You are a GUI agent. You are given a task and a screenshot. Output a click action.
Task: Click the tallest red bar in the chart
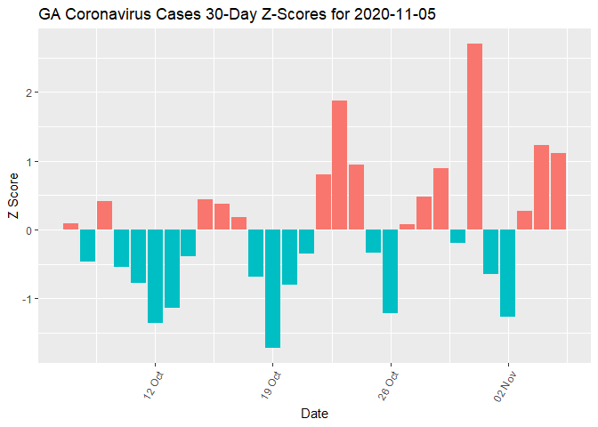pyautogui.click(x=474, y=137)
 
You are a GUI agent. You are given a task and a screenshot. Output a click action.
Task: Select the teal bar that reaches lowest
pyautogui.click(x=272, y=288)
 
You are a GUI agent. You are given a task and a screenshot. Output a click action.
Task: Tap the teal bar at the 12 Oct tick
pyautogui.click(x=155, y=276)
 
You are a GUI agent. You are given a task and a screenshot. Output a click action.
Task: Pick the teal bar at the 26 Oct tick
pyautogui.click(x=390, y=271)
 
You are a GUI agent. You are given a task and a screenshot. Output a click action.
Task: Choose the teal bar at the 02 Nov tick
pyautogui.click(x=507, y=273)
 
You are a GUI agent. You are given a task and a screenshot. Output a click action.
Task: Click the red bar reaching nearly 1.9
pyautogui.click(x=339, y=165)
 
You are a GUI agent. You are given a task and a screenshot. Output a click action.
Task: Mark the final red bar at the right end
pyautogui.click(x=558, y=191)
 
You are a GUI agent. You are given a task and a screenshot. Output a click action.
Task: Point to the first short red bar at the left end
pyautogui.click(x=70, y=226)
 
